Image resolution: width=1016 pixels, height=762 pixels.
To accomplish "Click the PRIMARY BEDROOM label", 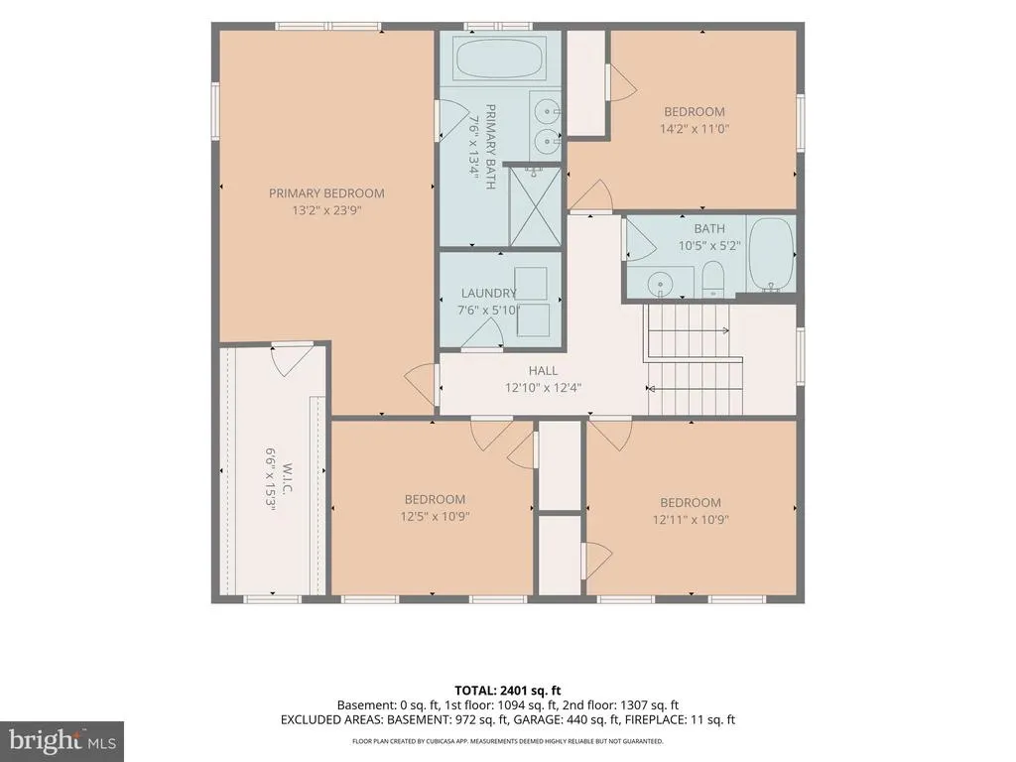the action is tap(326, 193).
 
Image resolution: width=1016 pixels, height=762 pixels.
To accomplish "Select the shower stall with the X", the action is tap(535, 206).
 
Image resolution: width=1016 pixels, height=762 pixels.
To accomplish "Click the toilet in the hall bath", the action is tap(712, 279).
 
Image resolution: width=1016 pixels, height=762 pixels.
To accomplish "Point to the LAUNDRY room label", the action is tap(488, 293).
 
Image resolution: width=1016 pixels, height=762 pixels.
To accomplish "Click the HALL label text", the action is tap(543, 371).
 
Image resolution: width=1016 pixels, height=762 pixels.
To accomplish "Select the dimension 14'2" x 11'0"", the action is tap(695, 128).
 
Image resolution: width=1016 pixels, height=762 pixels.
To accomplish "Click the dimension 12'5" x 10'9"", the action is tap(435, 516).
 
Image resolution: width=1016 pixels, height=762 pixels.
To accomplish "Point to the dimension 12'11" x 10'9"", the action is tap(691, 520).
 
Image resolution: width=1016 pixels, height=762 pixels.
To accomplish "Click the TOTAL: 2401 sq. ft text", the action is tap(507, 691).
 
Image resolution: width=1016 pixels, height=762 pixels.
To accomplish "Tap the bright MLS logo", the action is tap(63, 740).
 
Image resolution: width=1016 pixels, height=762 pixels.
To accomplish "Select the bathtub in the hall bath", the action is tap(771, 255).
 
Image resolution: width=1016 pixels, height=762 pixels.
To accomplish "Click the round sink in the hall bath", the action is tap(660, 284).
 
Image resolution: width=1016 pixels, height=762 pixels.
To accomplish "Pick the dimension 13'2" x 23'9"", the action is tap(326, 210).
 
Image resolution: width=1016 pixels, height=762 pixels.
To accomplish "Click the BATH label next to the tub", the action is tap(709, 229).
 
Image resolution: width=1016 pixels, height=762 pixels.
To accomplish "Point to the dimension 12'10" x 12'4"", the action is tap(543, 388).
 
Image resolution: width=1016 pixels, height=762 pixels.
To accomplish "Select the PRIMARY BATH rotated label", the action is tap(490, 147).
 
